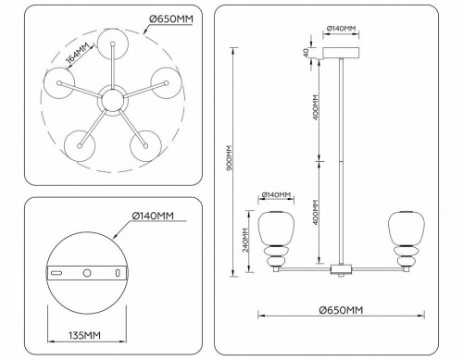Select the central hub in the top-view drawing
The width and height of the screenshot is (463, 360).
(x=114, y=98)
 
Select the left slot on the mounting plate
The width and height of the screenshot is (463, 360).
(x=56, y=275)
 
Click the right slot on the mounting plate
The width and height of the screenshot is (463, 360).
(x=117, y=275)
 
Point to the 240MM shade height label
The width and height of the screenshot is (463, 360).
(x=244, y=245)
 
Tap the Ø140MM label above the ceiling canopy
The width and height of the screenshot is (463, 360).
(x=343, y=29)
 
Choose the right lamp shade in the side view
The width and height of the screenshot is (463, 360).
(x=400, y=228)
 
